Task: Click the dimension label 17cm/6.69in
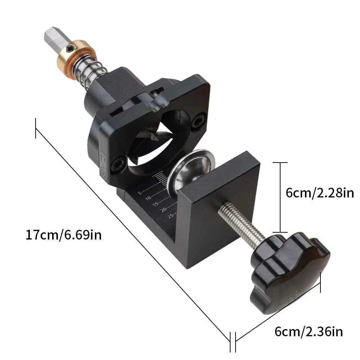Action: click(64, 236)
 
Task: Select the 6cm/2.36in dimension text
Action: click(309, 332)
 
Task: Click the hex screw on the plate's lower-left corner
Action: click(118, 165)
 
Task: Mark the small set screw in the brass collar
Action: click(72, 47)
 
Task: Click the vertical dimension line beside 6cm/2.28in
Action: click(281, 197)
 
